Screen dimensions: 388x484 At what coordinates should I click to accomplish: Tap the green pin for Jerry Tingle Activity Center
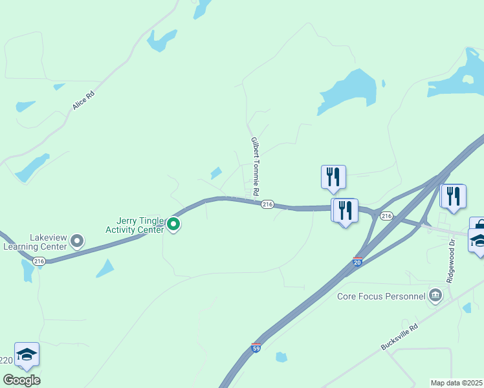173,224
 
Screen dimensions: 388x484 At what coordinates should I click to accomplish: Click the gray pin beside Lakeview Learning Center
77,242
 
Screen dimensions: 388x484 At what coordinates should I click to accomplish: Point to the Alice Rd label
83,100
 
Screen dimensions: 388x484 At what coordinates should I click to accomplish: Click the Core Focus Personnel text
381,297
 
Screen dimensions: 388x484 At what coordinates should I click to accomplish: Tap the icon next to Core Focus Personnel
435,297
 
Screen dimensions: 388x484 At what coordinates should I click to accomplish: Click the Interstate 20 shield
357,261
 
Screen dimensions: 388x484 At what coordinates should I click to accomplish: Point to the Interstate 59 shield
256,348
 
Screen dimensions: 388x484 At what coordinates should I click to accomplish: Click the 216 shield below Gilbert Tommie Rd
267,204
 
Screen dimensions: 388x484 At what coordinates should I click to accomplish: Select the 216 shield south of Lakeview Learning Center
39,261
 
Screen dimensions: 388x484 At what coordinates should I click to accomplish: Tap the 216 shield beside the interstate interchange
386,215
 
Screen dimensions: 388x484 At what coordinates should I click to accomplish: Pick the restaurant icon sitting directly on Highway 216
345,210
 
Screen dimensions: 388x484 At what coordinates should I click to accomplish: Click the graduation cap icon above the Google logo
27,354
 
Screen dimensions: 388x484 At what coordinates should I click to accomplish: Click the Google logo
21,380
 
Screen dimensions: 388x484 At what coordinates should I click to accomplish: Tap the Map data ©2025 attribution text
456,383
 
